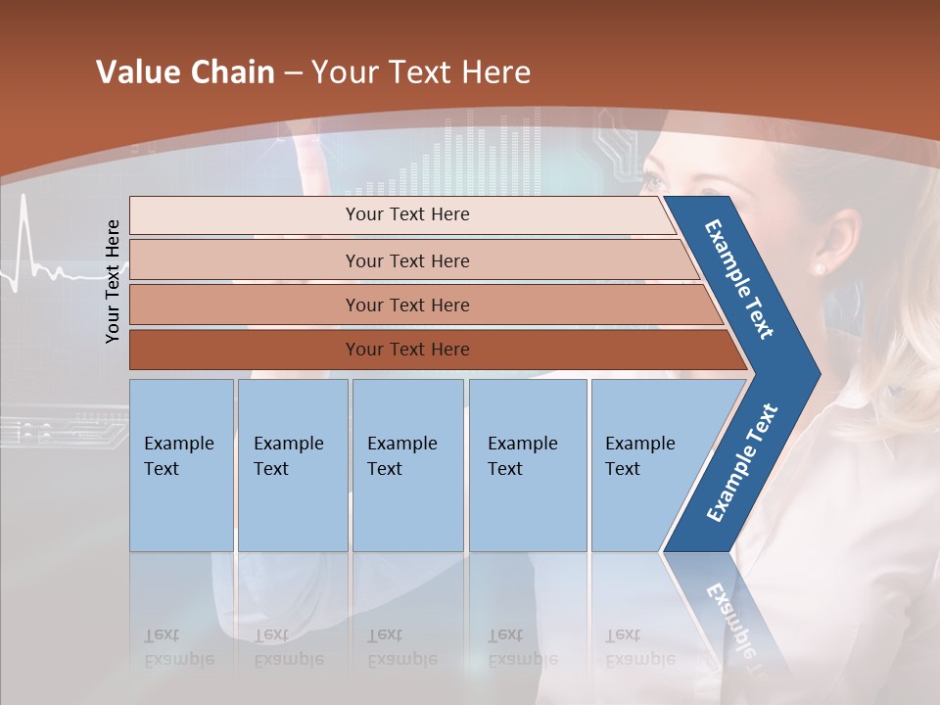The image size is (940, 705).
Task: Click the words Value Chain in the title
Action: coord(185,72)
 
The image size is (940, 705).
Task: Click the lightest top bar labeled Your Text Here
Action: coord(407,214)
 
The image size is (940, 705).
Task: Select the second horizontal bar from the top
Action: coord(407,260)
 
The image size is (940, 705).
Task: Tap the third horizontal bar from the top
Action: coord(407,305)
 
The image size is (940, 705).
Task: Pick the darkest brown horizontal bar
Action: coord(407,350)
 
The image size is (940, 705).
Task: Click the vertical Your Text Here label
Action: coord(113,281)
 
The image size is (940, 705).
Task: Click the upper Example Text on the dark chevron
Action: coord(739,279)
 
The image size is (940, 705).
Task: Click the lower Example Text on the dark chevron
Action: coord(742,463)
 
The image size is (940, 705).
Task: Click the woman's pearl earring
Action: coord(820,268)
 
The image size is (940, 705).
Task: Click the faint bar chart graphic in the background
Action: coord(490,157)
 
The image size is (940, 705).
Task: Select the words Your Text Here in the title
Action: coord(421,72)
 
